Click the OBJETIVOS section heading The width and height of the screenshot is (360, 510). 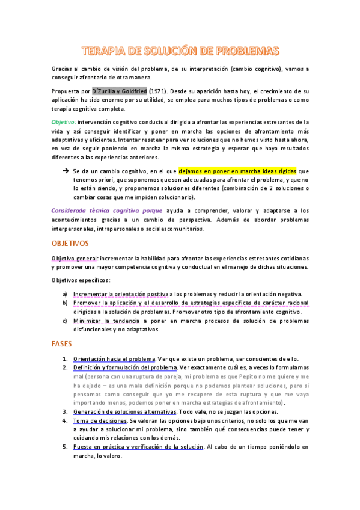coord(70,243)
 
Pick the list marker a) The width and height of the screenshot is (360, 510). coord(65,294)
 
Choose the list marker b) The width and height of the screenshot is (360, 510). coord(65,303)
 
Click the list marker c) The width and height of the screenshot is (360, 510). coord(65,321)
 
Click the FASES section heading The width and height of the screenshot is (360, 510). coord(61,345)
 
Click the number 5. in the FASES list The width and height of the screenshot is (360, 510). coord(65,447)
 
